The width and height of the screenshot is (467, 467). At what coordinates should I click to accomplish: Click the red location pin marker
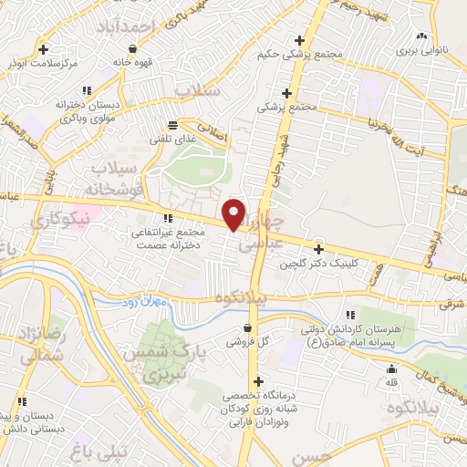tap(234, 214)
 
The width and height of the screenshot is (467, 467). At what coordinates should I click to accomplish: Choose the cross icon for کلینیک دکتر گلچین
tap(318, 249)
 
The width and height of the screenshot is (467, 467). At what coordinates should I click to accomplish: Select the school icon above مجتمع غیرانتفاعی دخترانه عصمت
tap(167, 218)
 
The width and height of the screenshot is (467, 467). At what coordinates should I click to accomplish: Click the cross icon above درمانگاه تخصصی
tap(258, 381)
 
